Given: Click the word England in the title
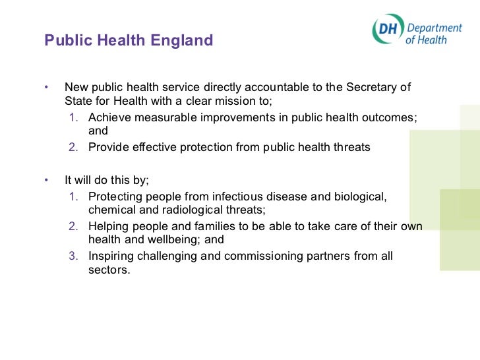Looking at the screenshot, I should [183, 41].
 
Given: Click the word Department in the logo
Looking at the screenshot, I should [434, 27].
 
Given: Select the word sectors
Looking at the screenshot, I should [109, 270].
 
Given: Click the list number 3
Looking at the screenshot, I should [74, 256].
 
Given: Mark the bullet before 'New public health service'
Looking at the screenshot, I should [47, 88].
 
